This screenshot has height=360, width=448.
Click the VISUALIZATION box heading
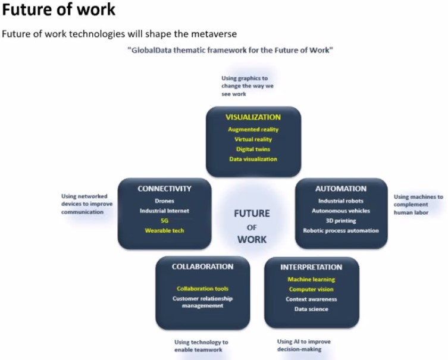pyautogui.click(x=253, y=117)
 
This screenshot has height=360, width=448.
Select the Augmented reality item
pyautogui.click(x=253, y=130)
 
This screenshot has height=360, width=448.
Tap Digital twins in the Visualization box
pyautogui.click(x=253, y=149)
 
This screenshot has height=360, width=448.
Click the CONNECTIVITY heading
pyautogui.click(x=164, y=189)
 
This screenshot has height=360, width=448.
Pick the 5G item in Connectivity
pyautogui.click(x=165, y=221)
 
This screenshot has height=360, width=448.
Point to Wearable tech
pyautogui.click(x=165, y=230)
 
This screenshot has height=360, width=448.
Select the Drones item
pyautogui.click(x=165, y=201)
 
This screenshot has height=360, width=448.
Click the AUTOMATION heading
pyautogui.click(x=341, y=189)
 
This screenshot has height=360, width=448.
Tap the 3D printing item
pyautogui.click(x=341, y=221)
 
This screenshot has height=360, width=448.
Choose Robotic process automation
pyautogui.click(x=341, y=230)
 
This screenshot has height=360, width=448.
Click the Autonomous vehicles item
pyautogui.click(x=341, y=211)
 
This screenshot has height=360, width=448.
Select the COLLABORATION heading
pyautogui.click(x=202, y=267)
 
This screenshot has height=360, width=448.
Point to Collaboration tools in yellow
pyautogui.click(x=202, y=289)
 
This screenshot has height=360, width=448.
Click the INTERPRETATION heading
pyautogui.click(x=311, y=267)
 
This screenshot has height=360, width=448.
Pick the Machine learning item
pyautogui.click(x=311, y=280)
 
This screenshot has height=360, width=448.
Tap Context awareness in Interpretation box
pyautogui.click(x=311, y=299)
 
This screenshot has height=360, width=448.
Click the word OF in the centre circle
pyautogui.click(x=252, y=227)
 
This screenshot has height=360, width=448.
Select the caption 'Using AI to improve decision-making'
pyautogui.click(x=303, y=346)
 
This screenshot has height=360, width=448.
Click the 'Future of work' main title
pyautogui.click(x=58, y=9)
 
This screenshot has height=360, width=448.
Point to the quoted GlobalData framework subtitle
pyautogui.click(x=230, y=51)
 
